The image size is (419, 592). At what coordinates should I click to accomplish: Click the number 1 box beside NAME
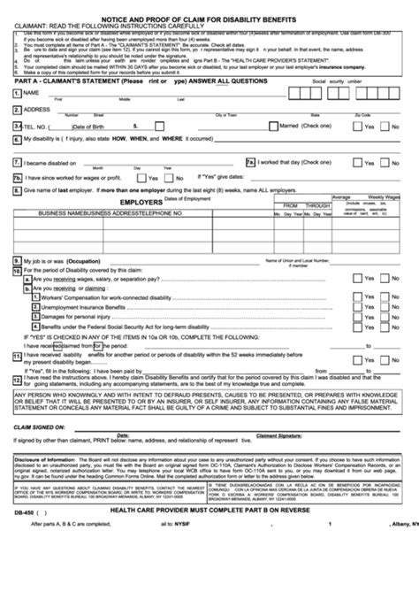17,92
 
